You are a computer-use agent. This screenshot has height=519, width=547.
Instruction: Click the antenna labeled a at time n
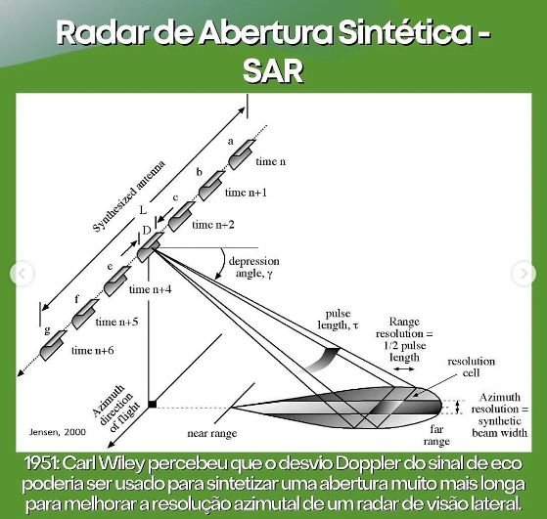pyautogui.click(x=242, y=154)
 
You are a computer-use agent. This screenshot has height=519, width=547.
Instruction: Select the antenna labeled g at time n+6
pyautogui.click(x=53, y=345)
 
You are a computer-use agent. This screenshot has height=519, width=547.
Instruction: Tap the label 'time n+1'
pyautogui.click(x=246, y=193)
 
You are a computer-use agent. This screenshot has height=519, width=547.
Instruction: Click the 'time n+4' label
pyautogui.click(x=151, y=289)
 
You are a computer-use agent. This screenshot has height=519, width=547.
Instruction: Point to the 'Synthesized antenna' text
pyautogui.click(x=129, y=196)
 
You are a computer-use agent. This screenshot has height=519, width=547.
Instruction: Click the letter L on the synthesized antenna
pyautogui.click(x=143, y=210)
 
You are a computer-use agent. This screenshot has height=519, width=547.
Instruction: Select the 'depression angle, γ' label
pyautogui.click(x=254, y=268)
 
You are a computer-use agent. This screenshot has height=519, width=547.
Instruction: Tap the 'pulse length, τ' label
pyautogui.click(x=338, y=320)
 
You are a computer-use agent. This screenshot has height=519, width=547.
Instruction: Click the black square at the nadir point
pyautogui.click(x=153, y=405)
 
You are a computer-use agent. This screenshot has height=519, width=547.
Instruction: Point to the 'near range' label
pyautogui.click(x=212, y=434)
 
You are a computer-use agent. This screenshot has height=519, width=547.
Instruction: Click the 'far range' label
pyautogui.click(x=436, y=435)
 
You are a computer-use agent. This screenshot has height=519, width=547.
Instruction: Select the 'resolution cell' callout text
pyautogui.click(x=471, y=368)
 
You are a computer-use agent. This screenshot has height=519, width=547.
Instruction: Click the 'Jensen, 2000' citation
pyautogui.click(x=58, y=432)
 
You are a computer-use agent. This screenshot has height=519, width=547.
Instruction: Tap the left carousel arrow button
pyautogui.click(x=22, y=274)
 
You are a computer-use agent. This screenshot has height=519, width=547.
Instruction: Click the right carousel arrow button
pyautogui.click(x=524, y=274)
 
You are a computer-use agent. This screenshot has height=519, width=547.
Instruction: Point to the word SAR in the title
pyautogui.click(x=273, y=71)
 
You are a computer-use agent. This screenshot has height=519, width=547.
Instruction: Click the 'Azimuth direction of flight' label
pyautogui.click(x=116, y=409)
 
